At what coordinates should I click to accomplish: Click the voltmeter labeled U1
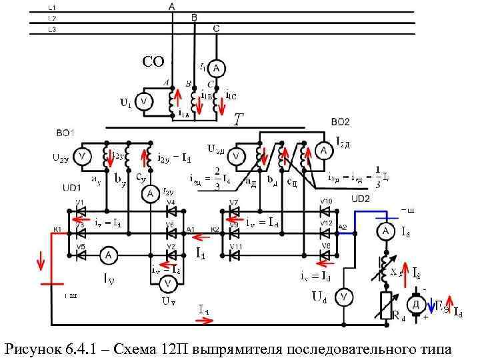coord(143,102)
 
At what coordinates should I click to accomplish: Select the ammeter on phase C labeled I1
coord(215,68)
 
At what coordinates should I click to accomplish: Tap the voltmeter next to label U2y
coord(82,157)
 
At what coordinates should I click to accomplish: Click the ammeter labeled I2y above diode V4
coord(150,193)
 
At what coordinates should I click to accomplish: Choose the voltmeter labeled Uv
coord(168,283)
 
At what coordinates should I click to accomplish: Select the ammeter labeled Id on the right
coord(385,231)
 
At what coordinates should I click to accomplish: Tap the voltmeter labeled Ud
coord(343,296)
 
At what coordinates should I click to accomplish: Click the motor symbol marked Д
coord(418,304)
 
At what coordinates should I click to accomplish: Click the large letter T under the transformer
coord(238,120)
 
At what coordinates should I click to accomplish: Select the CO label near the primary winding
coord(153,63)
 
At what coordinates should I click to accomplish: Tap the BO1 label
coord(65,134)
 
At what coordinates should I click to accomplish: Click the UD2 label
coord(360,198)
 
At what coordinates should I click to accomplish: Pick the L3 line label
coord(52,29)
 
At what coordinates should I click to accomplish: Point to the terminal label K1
coord(57,230)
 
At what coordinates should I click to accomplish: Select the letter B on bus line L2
coord(194,18)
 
